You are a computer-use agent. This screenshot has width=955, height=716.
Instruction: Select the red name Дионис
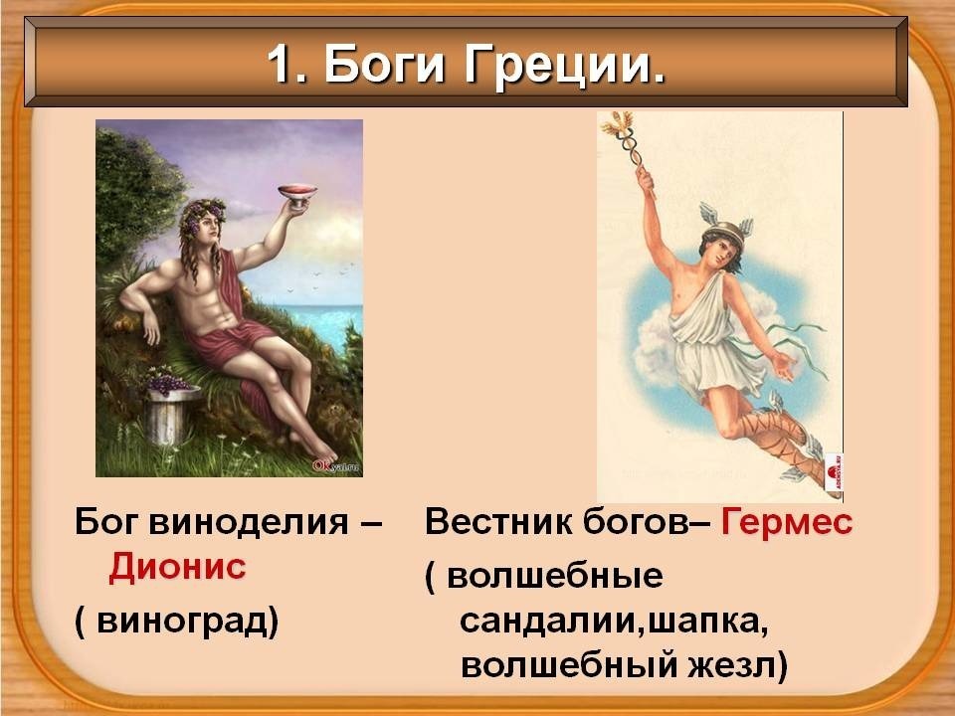[177, 567]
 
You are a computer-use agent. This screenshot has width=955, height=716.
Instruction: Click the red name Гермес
[787, 522]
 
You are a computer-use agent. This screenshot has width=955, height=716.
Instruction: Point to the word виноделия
[248, 523]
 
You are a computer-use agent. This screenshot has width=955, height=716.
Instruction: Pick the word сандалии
[549, 621]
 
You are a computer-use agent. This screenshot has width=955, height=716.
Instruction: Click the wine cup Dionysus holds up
[297, 195]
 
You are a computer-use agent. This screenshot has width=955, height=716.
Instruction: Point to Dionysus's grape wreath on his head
[202, 215]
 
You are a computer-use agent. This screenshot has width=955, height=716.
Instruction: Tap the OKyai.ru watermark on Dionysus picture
[336, 466]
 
